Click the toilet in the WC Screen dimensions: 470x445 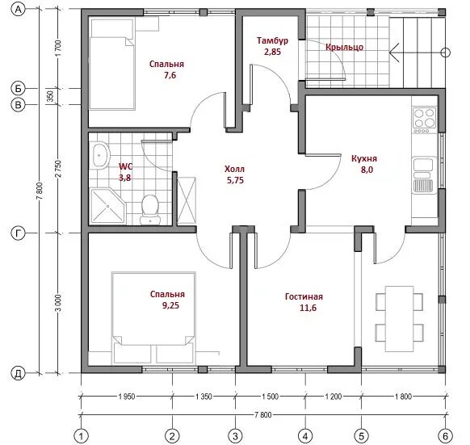pos(150,209)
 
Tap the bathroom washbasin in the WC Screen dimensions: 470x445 pos(99,155)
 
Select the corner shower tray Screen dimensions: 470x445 pos(107,206)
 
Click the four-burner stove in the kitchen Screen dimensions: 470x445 pos(425,120)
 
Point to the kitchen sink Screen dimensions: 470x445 pos(423,174)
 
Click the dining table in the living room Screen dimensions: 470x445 pos(399,318)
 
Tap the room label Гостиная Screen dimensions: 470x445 pos(304,296)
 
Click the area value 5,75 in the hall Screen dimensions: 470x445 pos(235,180)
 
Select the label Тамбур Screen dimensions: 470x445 pos(272,40)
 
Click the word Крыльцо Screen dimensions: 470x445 pos(344,48)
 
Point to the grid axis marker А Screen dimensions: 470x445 pos(19,10)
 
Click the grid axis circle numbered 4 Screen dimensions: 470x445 pos(305,435)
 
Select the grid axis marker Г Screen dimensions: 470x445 pos(18,233)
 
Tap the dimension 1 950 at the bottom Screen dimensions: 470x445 pos(127,397)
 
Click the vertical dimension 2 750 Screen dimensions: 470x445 pos(58,169)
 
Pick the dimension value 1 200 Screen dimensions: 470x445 pos(334,397)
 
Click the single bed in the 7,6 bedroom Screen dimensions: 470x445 pos(112,65)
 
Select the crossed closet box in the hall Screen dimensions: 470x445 pos(187,200)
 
